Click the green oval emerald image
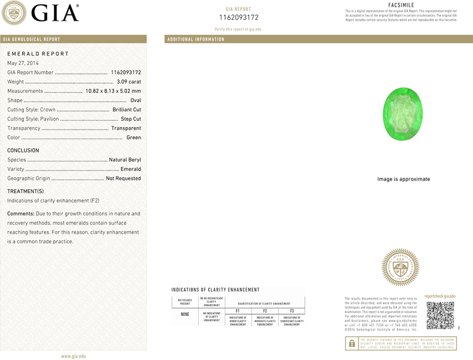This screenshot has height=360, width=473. (403, 114)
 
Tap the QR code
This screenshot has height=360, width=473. (440, 315)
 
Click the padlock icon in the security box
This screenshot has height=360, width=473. (352, 343)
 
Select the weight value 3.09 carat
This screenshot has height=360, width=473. (129, 82)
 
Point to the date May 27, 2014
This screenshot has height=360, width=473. (23, 63)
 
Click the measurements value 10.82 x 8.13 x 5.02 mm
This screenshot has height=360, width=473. (113, 91)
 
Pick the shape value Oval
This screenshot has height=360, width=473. (136, 100)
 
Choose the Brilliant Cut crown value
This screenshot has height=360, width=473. (127, 110)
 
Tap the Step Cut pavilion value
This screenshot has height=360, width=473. (131, 119)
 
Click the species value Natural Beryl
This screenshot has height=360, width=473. (125, 160)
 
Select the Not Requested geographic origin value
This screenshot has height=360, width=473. (123, 178)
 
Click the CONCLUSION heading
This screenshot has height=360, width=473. (23, 151)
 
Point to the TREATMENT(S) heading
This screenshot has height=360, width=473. (25, 191)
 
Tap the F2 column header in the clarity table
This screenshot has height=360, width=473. (265, 311)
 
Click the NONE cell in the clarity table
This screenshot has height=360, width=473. (185, 314)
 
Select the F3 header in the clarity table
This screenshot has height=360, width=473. (292, 311)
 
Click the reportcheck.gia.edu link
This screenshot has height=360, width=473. (440, 296)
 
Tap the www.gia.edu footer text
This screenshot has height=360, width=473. (73, 356)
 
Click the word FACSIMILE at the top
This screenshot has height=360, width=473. (401, 5)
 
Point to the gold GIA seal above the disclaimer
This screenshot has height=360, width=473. (400, 267)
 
